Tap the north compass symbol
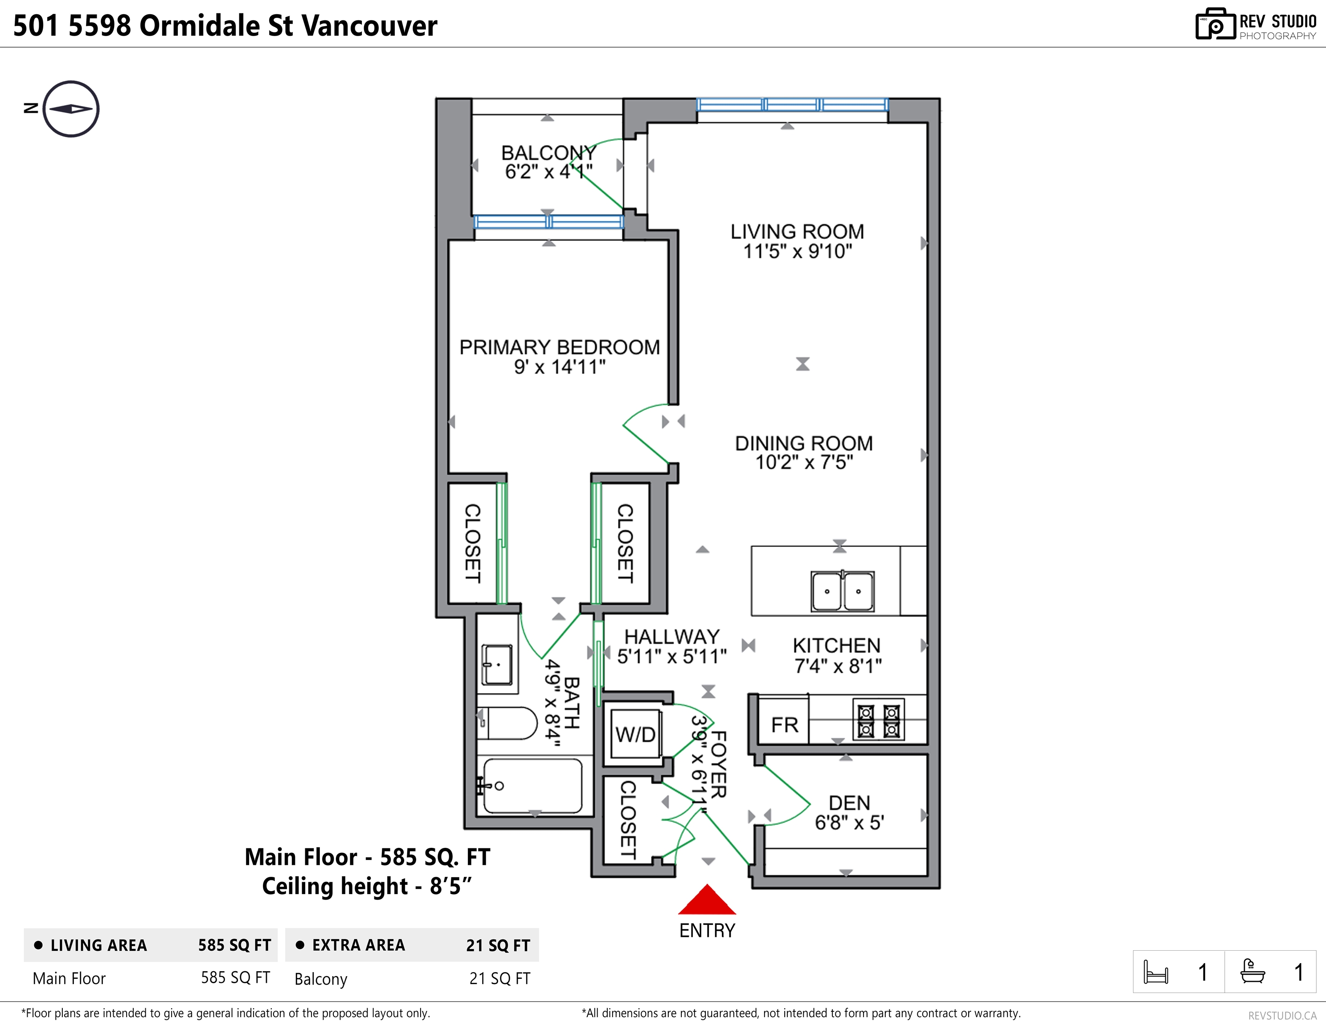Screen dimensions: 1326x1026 click(71, 109)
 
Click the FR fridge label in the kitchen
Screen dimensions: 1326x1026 click(785, 725)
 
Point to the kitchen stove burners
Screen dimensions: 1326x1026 click(879, 720)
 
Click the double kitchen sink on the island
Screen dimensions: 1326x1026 click(843, 590)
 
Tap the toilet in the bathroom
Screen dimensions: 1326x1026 click(507, 723)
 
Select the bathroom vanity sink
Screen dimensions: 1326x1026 click(497, 664)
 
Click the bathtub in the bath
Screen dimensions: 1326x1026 click(532, 786)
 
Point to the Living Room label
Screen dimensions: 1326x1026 click(797, 231)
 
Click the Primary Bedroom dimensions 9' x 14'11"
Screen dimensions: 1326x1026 click(560, 366)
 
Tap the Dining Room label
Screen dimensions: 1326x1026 click(804, 443)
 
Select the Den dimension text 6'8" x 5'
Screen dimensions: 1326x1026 click(849, 823)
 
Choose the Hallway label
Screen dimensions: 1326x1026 click(672, 636)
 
